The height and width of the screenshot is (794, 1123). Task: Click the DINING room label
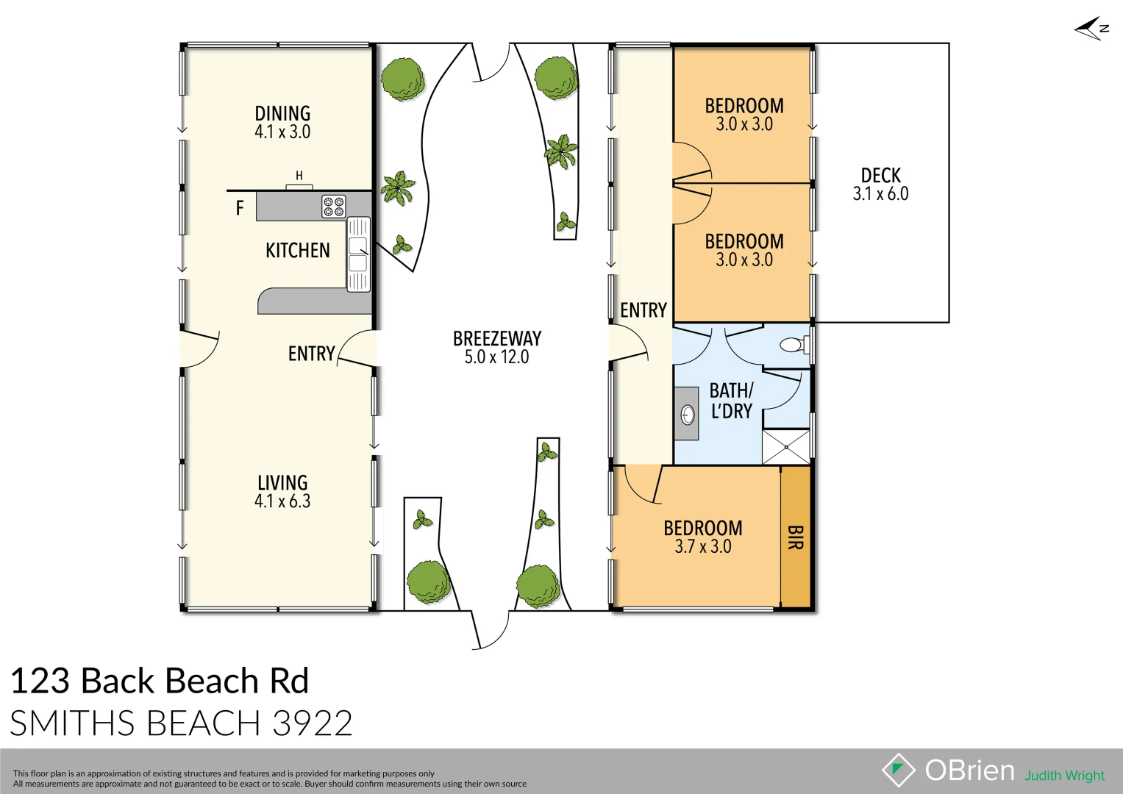click(282, 113)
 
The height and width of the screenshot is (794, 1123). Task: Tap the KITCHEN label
click(297, 251)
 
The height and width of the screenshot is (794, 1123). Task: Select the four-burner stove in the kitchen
click(333, 207)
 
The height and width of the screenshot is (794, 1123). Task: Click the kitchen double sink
click(358, 254)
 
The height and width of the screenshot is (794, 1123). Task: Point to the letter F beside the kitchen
click(239, 209)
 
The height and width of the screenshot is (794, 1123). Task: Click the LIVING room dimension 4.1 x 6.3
click(282, 501)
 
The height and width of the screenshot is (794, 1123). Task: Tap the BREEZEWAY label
click(497, 338)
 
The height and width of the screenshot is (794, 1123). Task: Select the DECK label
click(880, 176)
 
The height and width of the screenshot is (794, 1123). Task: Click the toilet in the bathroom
click(794, 344)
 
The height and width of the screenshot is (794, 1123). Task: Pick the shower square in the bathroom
click(785, 447)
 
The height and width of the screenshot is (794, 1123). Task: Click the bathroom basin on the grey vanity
click(688, 415)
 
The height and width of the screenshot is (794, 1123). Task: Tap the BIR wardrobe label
click(795, 537)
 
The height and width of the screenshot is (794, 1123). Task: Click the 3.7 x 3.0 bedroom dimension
click(702, 546)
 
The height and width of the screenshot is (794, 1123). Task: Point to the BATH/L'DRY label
click(731, 401)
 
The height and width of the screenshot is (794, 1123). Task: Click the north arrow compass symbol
click(1091, 29)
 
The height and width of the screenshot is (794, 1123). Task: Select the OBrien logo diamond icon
click(898, 770)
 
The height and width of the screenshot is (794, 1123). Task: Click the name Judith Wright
click(1064, 776)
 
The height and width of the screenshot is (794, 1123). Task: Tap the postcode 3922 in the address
click(313, 723)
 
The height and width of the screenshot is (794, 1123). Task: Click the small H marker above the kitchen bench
click(299, 176)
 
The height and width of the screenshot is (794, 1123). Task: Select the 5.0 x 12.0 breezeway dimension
click(497, 357)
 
